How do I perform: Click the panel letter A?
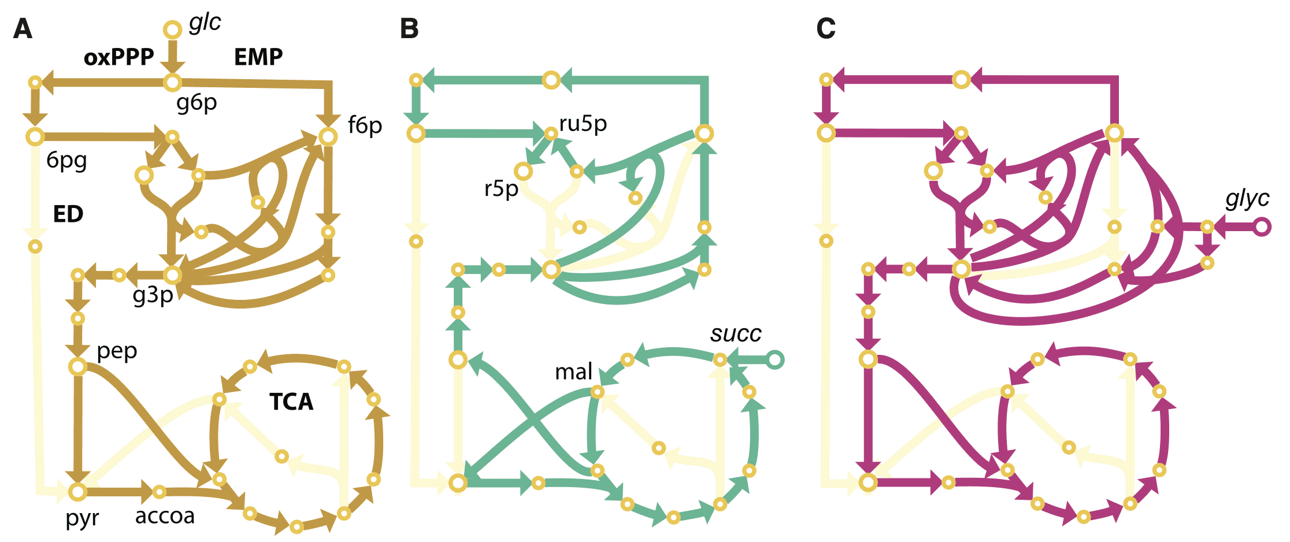pos(23,28)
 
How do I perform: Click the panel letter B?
pos(409,28)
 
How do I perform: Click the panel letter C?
pos(826,28)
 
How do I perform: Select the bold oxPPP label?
pos(119,57)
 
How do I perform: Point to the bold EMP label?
pos(258,57)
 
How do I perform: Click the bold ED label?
pos(68,214)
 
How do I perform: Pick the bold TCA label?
pos(291,402)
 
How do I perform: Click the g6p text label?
pos(197,103)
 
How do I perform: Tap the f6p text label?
pos(365,125)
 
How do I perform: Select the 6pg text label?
pos(66,161)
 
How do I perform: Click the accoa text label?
pos(165,516)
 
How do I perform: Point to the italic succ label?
pos(736,333)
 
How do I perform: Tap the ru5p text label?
pos(583,124)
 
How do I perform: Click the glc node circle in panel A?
pos(172,29)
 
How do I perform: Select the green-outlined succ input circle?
pos(775,360)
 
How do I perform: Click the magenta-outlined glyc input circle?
pos(1262,227)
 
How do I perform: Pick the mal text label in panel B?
pos(573,372)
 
